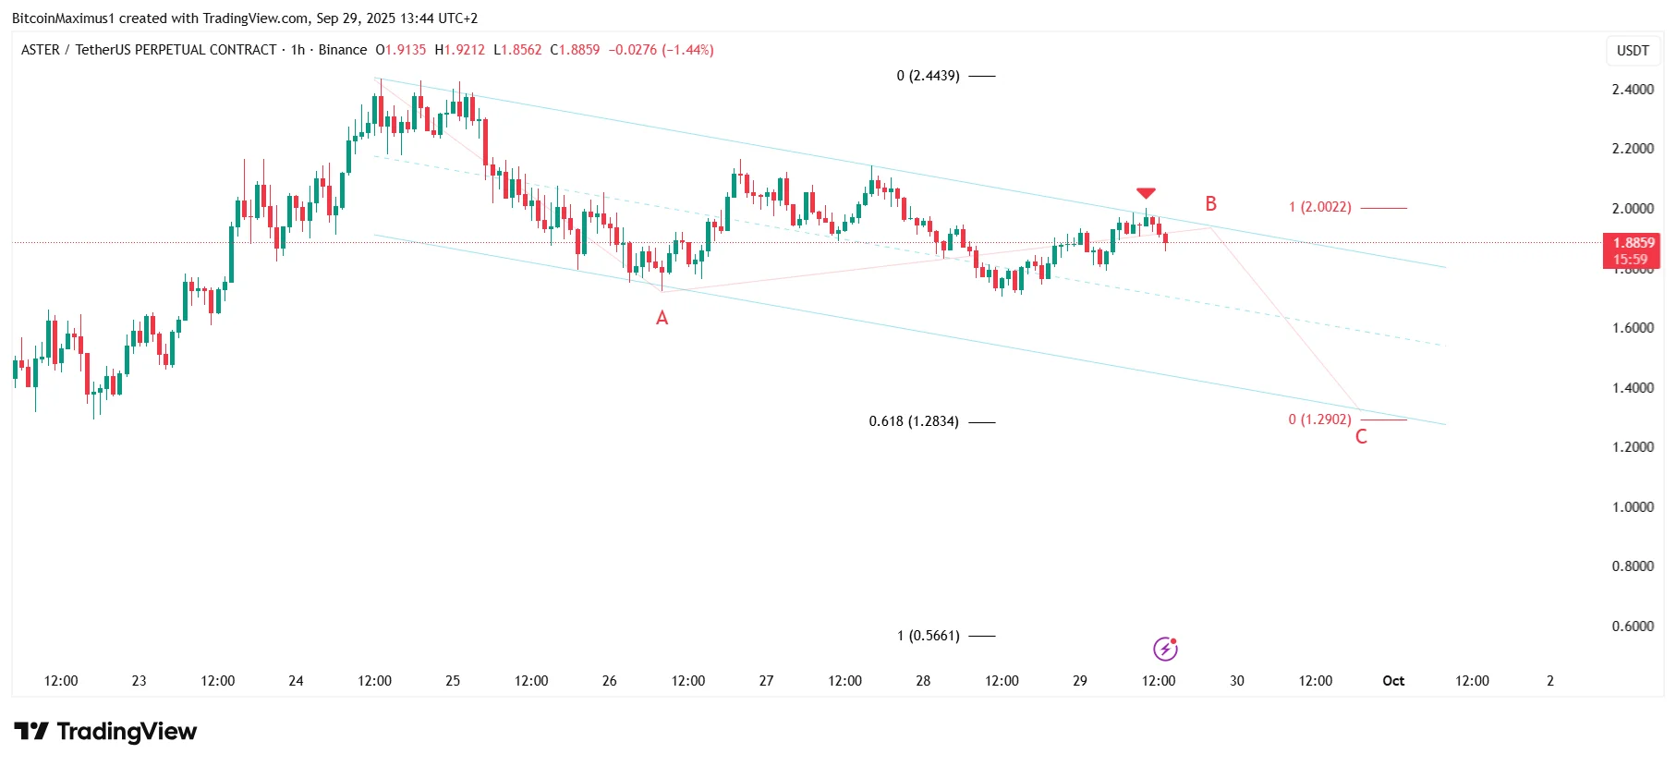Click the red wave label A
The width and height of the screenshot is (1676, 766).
pyautogui.click(x=662, y=318)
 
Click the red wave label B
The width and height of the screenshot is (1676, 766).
pyautogui.click(x=1210, y=204)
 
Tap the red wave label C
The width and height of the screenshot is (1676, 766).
pyautogui.click(x=1361, y=437)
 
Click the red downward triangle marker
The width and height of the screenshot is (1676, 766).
pyautogui.click(x=1146, y=193)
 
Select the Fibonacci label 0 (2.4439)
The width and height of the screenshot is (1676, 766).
pyautogui.click(x=928, y=76)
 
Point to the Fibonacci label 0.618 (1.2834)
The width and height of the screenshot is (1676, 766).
pyautogui.click(x=914, y=421)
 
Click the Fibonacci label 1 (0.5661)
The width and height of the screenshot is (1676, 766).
pyautogui.click(x=929, y=636)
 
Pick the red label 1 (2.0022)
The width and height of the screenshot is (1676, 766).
pyautogui.click(x=1320, y=207)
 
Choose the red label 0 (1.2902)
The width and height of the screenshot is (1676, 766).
pyautogui.click(x=1320, y=419)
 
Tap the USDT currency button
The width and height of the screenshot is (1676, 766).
pyautogui.click(x=1633, y=51)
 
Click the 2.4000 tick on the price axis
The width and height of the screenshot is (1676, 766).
pyautogui.click(x=1633, y=90)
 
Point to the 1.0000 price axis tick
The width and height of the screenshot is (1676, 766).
pyautogui.click(x=1633, y=507)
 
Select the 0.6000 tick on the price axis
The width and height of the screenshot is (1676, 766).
pyautogui.click(x=1633, y=626)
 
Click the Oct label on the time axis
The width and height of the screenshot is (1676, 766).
pyautogui.click(x=1393, y=681)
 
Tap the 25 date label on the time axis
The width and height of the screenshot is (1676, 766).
pyautogui.click(x=453, y=681)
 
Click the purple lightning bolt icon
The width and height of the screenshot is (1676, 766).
pyautogui.click(x=1165, y=650)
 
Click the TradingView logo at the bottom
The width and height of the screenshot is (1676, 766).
pyautogui.click(x=106, y=732)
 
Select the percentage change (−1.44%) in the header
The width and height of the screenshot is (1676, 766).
pyautogui.click(x=687, y=50)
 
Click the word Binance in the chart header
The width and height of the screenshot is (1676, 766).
pyautogui.click(x=343, y=50)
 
